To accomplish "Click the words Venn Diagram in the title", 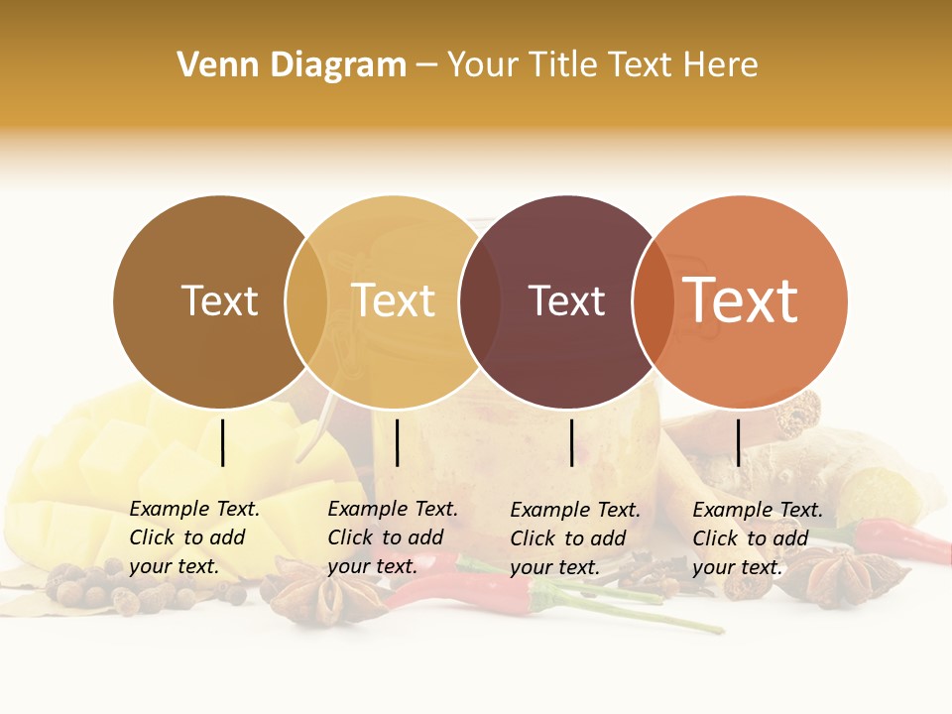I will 292,65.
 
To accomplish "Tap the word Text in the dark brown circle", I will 219,301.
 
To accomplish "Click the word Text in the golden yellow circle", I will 394,301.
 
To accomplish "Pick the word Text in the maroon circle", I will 566,301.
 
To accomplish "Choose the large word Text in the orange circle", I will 741,299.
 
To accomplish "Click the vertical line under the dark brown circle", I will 223,442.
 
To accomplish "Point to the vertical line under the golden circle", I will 397,442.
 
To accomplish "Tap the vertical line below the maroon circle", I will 571,442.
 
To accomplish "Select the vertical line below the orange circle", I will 738,442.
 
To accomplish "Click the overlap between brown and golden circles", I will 306,301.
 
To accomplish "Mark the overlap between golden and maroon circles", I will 480,301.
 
